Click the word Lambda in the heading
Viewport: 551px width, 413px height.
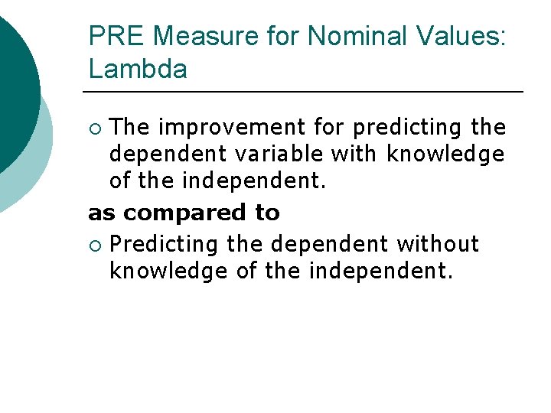(x=138, y=70)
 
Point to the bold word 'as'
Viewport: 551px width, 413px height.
(x=103, y=213)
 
